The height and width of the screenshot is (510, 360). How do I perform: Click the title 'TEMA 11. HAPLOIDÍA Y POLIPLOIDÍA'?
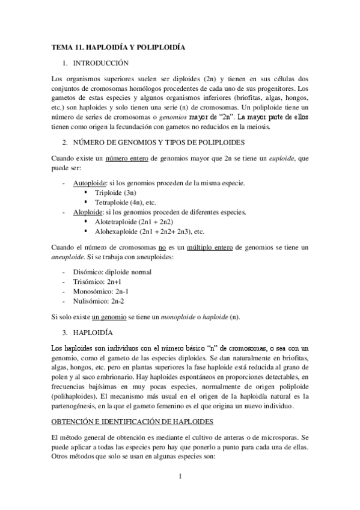pos(117,46)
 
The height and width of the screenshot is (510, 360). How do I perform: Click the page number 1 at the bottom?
pos(180,494)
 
